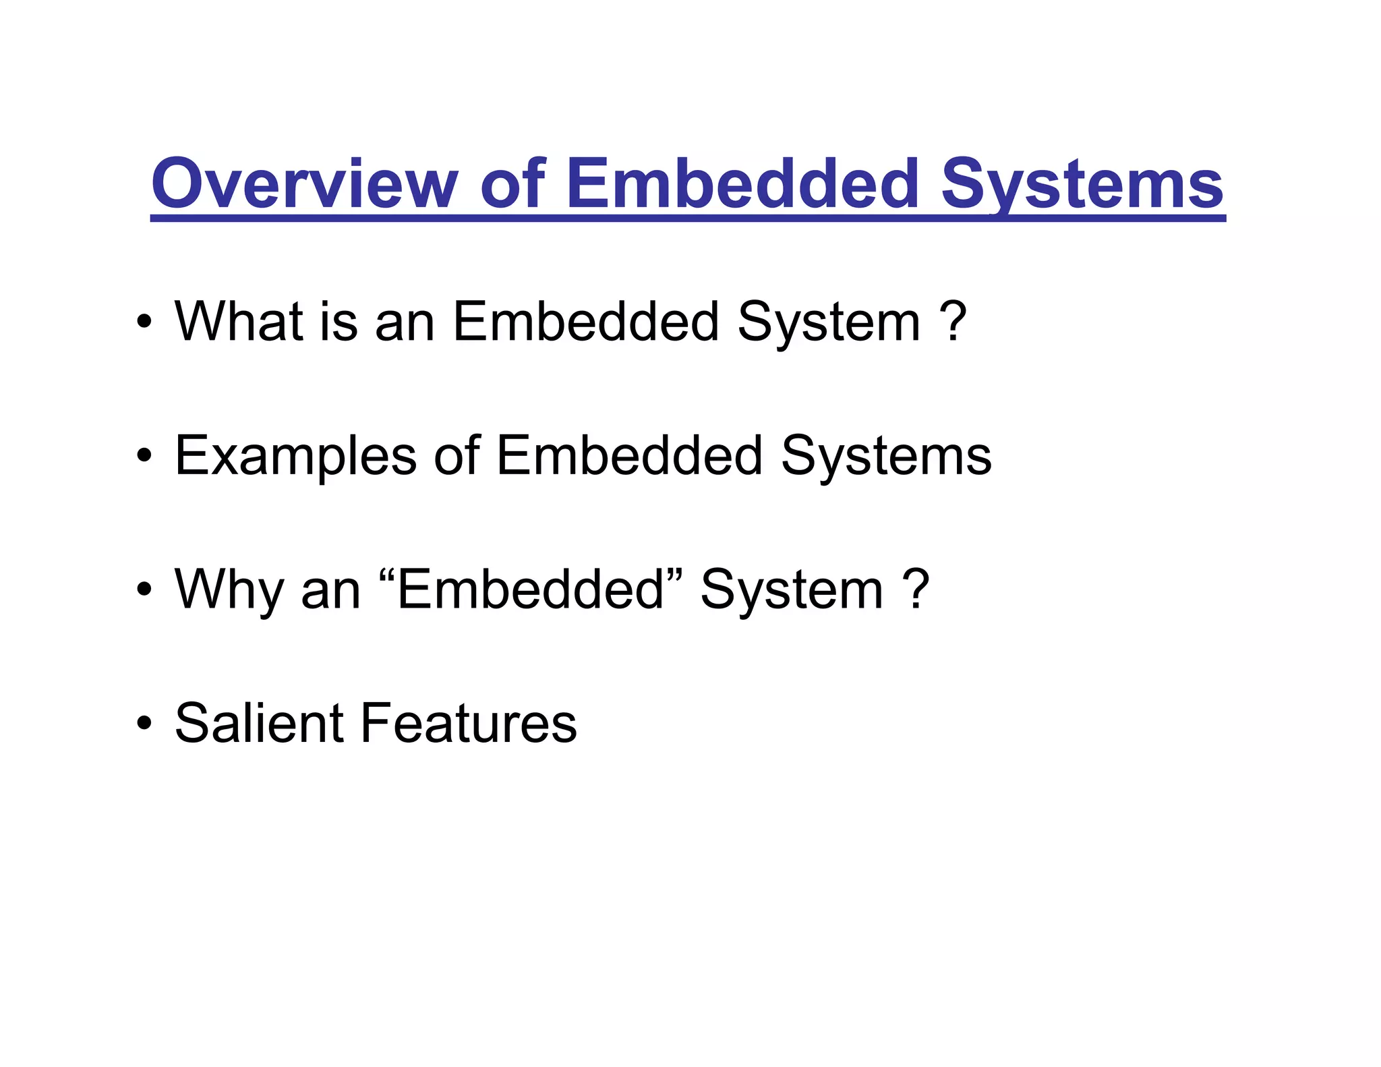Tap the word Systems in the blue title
point(1082,184)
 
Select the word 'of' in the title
point(512,184)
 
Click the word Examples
point(295,456)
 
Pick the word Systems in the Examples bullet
point(886,456)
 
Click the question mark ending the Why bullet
point(916,589)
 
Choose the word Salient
point(259,723)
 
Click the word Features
point(469,723)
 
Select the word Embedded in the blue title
point(742,184)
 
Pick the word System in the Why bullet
point(791,589)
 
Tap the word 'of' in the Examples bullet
point(457,456)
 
